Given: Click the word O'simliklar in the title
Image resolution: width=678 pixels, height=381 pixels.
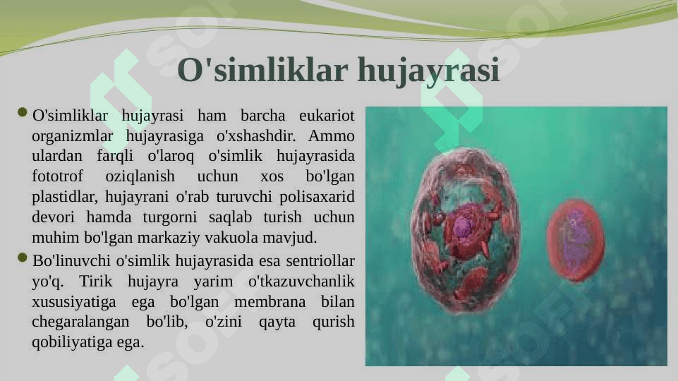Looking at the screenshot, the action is (262, 69).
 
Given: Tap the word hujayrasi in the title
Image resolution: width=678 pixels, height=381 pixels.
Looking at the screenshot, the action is (429, 71).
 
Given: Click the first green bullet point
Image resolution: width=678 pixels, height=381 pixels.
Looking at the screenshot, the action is (23, 113).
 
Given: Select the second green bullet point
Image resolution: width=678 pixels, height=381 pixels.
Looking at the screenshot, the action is (23, 258).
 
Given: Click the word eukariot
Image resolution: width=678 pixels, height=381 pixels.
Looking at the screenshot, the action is (327, 116).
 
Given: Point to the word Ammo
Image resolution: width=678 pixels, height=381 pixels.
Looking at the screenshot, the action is (331, 135).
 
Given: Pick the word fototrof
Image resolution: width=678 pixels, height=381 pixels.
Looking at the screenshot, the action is (58, 176).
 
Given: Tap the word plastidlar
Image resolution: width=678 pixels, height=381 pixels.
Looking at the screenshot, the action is (64, 197).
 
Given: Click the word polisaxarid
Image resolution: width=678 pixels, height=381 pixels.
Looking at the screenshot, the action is (317, 197).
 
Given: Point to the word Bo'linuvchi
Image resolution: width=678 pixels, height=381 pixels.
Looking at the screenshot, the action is (72, 261).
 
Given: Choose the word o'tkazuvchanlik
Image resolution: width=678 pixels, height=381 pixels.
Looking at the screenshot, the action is (301, 282).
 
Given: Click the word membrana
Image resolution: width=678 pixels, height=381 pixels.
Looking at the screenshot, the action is (270, 302).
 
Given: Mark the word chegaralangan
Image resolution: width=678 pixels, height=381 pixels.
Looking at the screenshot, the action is (80, 322).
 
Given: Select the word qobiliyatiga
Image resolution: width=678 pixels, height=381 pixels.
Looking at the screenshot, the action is (72, 342).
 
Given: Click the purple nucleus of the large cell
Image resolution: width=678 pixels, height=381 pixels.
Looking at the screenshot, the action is (463, 226).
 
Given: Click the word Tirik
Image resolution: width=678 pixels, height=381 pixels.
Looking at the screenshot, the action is (95, 282).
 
